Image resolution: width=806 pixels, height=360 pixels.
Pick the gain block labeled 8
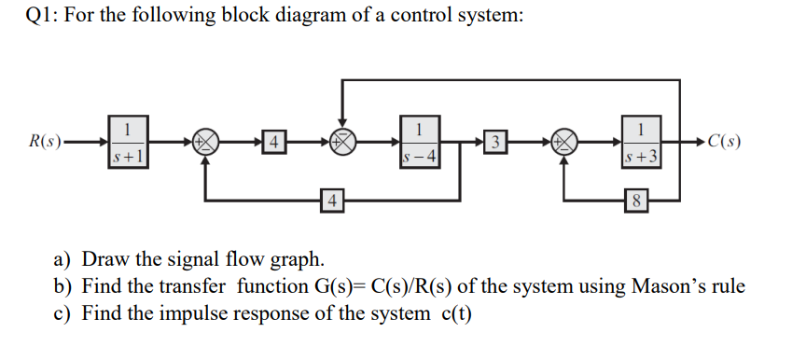pyautogui.click(x=634, y=199)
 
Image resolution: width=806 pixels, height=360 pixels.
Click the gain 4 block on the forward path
pyautogui.click(x=272, y=144)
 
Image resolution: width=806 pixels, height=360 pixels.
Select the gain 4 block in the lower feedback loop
pyautogui.click(x=329, y=199)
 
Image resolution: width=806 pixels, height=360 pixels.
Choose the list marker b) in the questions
pyautogui.click(x=66, y=286)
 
